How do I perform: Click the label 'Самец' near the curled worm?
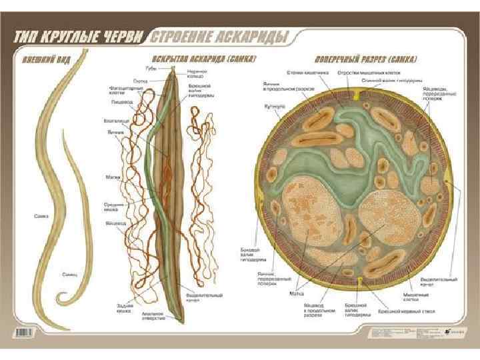point(69,274)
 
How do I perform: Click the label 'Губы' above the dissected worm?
point(151,67)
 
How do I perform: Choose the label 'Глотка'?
point(149,80)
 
